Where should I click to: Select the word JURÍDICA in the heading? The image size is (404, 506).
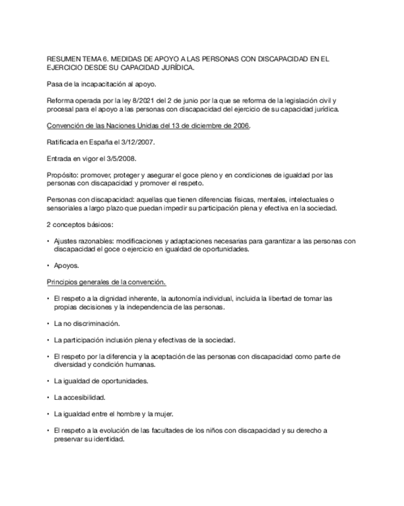(x=177, y=67)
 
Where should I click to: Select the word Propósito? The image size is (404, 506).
(x=61, y=175)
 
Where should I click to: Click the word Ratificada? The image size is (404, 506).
(x=62, y=143)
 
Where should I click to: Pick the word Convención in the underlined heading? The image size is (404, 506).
(x=64, y=126)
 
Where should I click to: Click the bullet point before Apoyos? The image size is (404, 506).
(x=48, y=266)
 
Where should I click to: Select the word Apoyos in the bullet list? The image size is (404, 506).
(x=66, y=266)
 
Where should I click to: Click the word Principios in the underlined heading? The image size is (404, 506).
(x=61, y=282)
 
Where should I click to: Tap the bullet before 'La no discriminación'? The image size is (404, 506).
(x=48, y=323)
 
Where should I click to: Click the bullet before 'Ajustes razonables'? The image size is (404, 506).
(x=48, y=241)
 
